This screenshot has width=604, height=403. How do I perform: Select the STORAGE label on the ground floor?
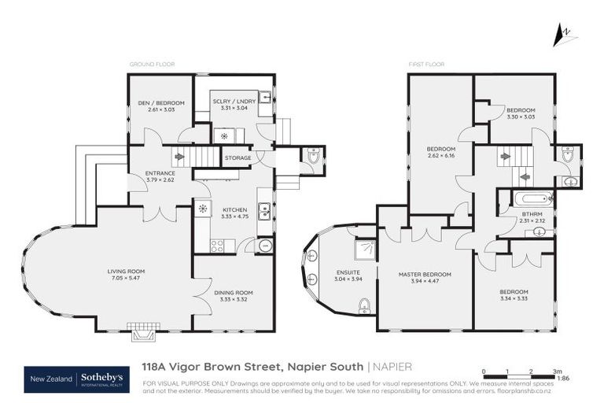coord(238,158)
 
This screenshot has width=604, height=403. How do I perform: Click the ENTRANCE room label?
coord(160,172)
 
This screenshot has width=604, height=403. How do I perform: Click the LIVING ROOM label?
coord(126,272)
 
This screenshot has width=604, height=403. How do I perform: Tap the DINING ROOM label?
coord(233,293)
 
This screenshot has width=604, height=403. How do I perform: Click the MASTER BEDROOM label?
coord(425,274)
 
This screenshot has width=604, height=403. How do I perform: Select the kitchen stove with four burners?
coord(218,246)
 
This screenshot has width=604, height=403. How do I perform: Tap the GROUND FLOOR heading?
coord(152,64)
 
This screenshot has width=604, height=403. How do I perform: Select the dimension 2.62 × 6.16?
coord(441,155)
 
